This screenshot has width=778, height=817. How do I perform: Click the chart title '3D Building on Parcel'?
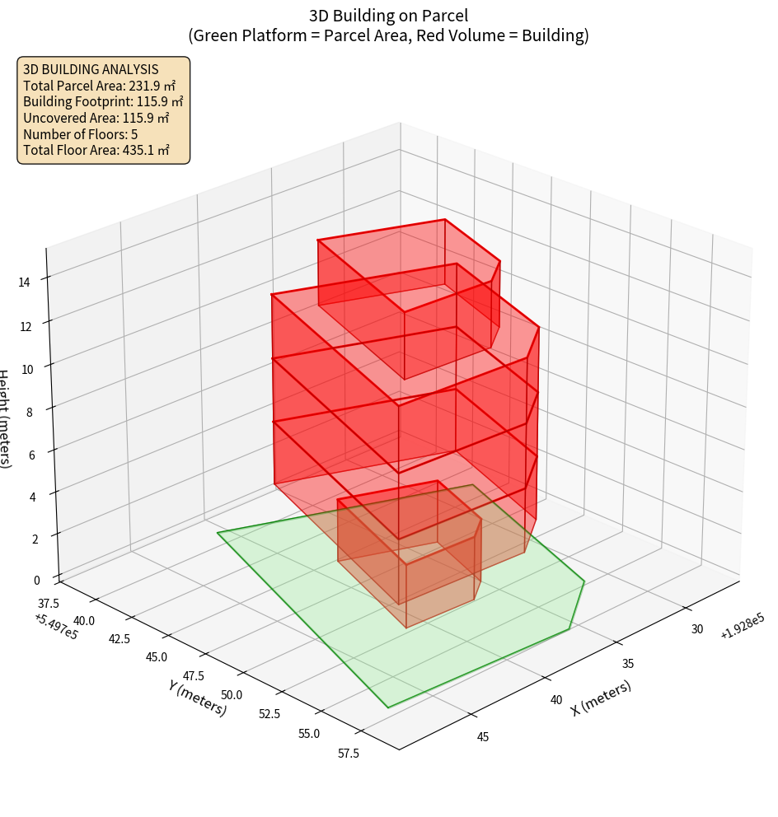click(x=388, y=15)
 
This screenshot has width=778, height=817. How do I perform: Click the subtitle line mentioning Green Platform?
click(x=388, y=35)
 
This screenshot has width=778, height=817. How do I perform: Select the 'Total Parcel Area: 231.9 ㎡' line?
click(x=100, y=85)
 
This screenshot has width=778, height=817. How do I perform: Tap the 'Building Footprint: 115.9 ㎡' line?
click(x=103, y=101)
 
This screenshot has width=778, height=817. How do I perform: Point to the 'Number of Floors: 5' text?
click(x=81, y=134)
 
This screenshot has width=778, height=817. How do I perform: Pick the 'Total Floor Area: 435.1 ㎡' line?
click(x=96, y=151)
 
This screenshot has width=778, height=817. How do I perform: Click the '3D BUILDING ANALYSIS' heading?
click(x=91, y=69)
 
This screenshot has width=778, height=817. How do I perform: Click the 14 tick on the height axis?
click(x=24, y=282)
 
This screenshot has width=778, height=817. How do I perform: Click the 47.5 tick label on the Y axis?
click(x=193, y=676)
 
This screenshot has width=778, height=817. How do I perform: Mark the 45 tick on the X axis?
click(x=483, y=736)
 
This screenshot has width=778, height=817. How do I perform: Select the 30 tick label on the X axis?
click(x=696, y=629)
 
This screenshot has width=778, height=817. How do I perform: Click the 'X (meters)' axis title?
click(x=602, y=698)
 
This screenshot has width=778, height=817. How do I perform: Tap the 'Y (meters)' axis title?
click(x=197, y=698)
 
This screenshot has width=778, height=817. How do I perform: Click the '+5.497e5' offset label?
click(x=56, y=626)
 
